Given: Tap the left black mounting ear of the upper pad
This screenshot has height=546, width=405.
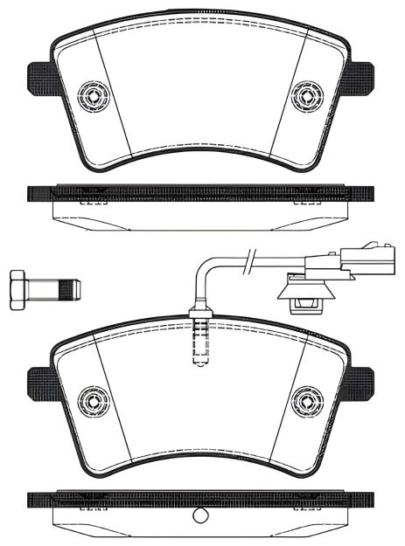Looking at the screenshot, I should pos(40,78).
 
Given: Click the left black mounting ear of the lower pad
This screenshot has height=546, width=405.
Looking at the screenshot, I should pos(40,384).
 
